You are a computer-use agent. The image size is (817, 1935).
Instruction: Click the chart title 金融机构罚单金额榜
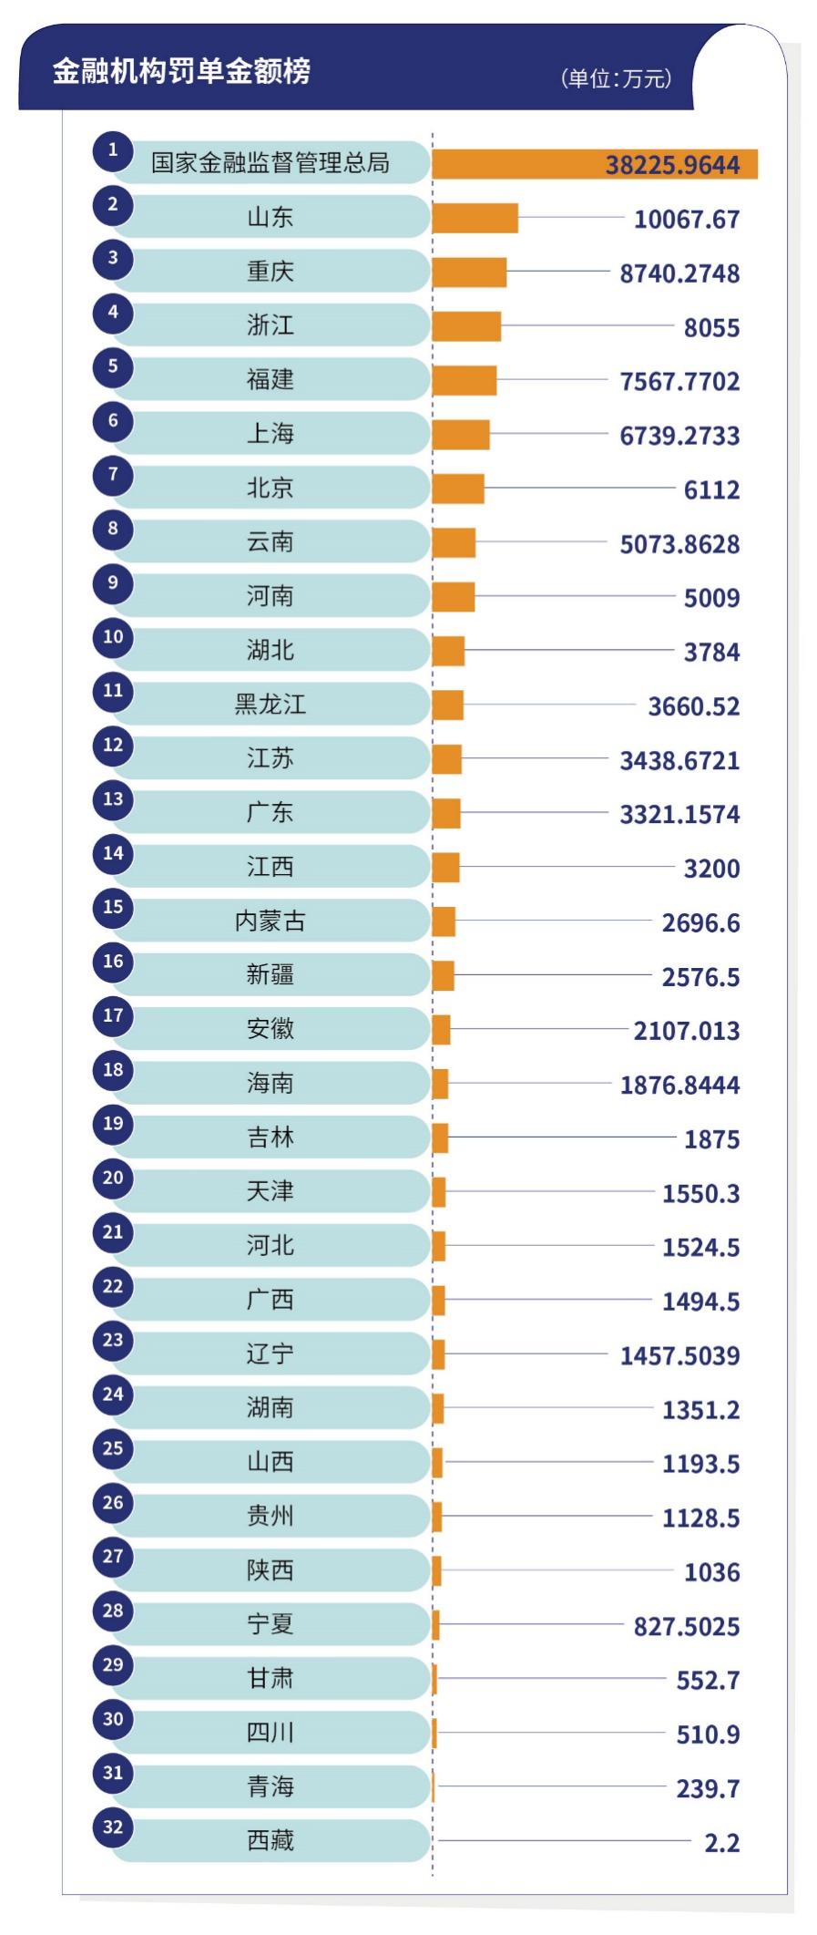tap(180, 71)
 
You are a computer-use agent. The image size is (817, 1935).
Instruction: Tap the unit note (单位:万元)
tap(617, 78)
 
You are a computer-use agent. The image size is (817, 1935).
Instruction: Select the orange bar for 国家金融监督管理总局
tap(594, 164)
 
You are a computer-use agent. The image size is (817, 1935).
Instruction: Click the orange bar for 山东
tap(475, 218)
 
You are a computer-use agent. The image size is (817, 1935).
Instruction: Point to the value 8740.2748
tap(679, 273)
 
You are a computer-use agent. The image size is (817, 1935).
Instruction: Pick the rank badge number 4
tap(113, 312)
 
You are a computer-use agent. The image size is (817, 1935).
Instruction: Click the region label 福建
tap(270, 379)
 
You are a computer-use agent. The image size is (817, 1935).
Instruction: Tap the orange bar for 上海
tap(460, 435)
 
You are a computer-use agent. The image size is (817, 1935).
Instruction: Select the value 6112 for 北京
tap(711, 490)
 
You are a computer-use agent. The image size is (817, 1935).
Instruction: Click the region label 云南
tap(270, 541)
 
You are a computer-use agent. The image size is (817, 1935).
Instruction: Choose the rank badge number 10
tap(113, 636)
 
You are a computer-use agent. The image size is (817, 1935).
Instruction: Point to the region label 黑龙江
tap(270, 705)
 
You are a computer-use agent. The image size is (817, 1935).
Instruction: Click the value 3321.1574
tap(679, 814)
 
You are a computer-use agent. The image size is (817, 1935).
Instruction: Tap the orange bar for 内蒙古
tap(444, 921)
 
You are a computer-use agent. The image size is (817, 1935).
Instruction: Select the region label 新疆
tap(270, 975)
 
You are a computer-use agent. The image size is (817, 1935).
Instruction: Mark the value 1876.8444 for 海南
tap(679, 1085)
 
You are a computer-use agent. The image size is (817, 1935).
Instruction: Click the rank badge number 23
tap(113, 1340)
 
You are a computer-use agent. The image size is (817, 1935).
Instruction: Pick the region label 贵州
tap(270, 1516)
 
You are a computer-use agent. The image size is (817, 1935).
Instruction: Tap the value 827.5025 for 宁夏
tap(687, 1626)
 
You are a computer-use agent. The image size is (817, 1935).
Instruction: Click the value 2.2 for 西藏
tap(721, 1843)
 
